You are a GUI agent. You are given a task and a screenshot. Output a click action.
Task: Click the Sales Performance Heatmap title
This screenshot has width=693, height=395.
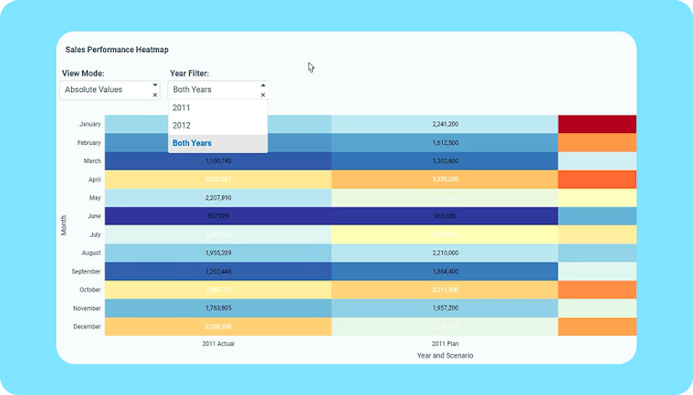pos(110,50)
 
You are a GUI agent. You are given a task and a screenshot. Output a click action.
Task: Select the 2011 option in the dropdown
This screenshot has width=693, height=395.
pos(182,108)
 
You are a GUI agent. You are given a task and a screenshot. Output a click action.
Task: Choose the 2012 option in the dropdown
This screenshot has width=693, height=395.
pos(182,126)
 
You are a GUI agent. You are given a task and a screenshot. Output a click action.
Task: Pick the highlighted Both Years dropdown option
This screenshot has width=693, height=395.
pos(192,143)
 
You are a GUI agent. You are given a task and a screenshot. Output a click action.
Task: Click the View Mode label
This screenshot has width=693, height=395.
pos(83,74)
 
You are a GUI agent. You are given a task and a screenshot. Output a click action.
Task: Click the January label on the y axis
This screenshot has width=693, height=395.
pos(90,124)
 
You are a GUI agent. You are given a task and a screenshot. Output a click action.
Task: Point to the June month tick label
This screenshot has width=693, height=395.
pos(93,215)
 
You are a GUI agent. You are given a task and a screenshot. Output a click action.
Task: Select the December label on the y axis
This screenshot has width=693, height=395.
pos(87,326)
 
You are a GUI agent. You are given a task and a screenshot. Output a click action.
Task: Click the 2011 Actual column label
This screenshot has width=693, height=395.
pos(218,343)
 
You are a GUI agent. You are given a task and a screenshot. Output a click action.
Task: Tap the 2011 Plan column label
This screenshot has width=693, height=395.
pos(445,343)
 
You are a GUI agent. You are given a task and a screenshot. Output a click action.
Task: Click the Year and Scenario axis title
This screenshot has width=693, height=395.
pos(445,356)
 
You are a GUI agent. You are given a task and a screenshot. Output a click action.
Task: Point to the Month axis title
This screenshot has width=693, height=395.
pos(64,224)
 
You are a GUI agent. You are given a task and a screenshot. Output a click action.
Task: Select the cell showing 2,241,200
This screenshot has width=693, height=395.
pos(445,124)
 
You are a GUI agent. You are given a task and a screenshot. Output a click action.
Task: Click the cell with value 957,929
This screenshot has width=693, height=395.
pos(218,215)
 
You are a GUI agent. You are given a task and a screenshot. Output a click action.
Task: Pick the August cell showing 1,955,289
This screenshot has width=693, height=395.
pos(218,252)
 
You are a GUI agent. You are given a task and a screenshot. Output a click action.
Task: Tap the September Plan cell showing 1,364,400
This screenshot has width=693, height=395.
pos(445,271)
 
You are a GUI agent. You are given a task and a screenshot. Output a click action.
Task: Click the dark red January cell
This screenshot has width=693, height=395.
pos(597,124)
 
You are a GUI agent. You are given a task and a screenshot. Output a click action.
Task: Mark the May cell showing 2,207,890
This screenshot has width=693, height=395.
pos(218,197)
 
